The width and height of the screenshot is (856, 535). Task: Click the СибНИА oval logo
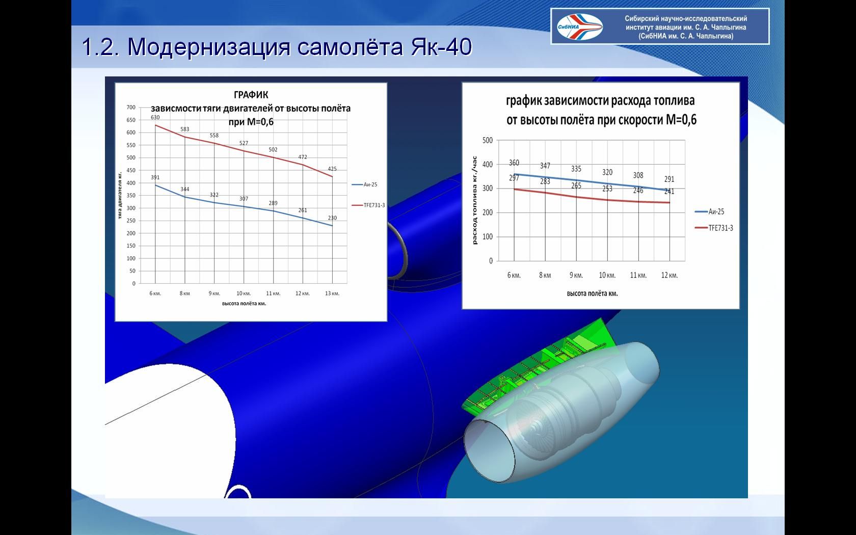[x=579, y=26]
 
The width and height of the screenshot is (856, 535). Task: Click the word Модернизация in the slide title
[x=208, y=47]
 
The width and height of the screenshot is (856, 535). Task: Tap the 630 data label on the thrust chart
[x=155, y=117]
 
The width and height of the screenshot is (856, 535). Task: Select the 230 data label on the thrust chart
[x=332, y=218]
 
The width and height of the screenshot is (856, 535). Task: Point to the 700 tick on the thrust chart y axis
[x=131, y=108]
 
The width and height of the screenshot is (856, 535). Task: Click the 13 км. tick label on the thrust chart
[x=332, y=293]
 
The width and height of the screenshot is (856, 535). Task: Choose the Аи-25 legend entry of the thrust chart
[x=364, y=184]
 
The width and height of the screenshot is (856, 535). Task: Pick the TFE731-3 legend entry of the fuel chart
[x=714, y=228]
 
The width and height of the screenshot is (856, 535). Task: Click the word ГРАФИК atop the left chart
[x=251, y=94]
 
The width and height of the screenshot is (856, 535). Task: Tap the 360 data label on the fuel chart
[x=514, y=163]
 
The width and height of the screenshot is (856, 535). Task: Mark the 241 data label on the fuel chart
[x=669, y=192]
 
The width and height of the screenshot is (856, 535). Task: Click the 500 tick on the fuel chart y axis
[x=488, y=140]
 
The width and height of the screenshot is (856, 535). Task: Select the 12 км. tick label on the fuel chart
[x=670, y=275]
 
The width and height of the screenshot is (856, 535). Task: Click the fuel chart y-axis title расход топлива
[x=475, y=200]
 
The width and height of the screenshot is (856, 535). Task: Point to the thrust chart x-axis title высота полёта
[x=244, y=304]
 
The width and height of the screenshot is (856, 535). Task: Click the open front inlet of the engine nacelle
[x=489, y=451]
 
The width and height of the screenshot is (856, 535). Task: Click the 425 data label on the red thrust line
[x=332, y=169]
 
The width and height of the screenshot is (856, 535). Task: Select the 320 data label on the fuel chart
[x=607, y=172]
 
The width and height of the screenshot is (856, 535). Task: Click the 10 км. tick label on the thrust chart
[x=244, y=293]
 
